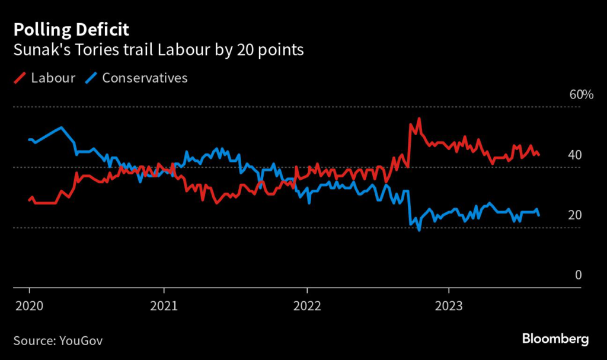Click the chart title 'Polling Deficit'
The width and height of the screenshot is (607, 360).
71,29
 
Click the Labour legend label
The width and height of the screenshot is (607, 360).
53,78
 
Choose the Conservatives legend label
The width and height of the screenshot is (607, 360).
145,78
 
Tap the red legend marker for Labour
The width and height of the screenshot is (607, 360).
20,78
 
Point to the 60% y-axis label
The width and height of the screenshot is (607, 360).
581,95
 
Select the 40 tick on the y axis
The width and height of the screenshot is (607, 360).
574,155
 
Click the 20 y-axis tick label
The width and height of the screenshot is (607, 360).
574,215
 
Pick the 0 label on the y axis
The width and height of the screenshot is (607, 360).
578,275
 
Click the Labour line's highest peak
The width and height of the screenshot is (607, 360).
419,119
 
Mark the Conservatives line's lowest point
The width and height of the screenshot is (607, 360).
419,230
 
